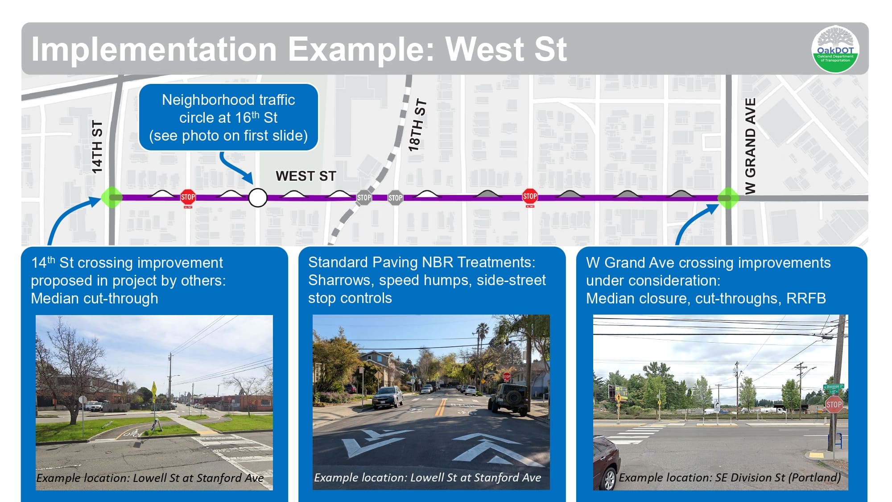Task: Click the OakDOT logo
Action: (x=835, y=49)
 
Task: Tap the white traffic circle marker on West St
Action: (x=258, y=198)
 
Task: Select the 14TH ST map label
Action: (x=97, y=146)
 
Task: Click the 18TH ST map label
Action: (x=417, y=125)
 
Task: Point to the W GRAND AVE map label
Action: (x=751, y=146)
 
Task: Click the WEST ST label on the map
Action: (x=306, y=176)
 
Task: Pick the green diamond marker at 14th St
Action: (x=111, y=198)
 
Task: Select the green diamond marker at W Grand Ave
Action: (x=728, y=198)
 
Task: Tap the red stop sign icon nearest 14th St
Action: (x=188, y=197)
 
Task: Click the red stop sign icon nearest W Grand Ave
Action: (x=530, y=196)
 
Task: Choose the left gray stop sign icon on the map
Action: (x=364, y=198)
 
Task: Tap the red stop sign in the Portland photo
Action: (x=834, y=405)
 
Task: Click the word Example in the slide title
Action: (x=361, y=49)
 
